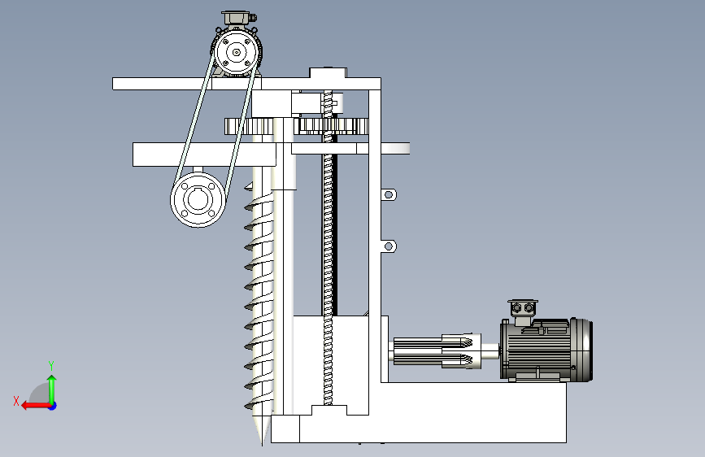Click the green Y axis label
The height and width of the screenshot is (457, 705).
51,365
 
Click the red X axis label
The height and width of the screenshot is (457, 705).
16,401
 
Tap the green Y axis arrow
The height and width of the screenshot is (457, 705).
52,389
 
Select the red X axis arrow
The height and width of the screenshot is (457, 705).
36,406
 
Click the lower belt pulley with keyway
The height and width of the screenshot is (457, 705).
198,200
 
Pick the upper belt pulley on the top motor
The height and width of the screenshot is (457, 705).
237,52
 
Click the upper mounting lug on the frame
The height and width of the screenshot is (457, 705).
389,195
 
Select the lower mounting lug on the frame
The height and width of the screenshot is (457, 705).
389,246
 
